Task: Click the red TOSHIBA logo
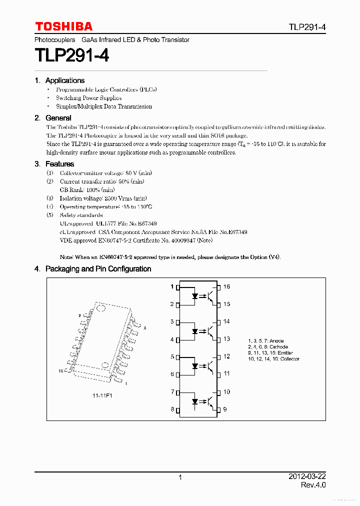(x=63, y=26)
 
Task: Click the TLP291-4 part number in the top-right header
(x=306, y=27)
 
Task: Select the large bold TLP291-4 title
(x=71, y=55)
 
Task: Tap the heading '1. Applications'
(x=59, y=80)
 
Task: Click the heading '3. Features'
(x=54, y=164)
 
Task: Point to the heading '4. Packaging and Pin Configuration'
(x=92, y=269)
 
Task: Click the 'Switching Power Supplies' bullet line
(x=88, y=98)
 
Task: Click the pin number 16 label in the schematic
(x=226, y=286)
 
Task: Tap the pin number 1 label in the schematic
(x=172, y=286)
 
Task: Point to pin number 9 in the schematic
(x=225, y=409)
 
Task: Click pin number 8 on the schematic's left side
(x=172, y=409)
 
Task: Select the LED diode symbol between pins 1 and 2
(x=195, y=295)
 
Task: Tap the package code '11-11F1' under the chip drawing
(x=102, y=396)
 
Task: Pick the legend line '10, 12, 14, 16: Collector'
(x=273, y=359)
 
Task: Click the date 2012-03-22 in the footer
(x=307, y=477)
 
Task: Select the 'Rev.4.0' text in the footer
(x=313, y=485)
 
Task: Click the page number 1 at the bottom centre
(x=180, y=477)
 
